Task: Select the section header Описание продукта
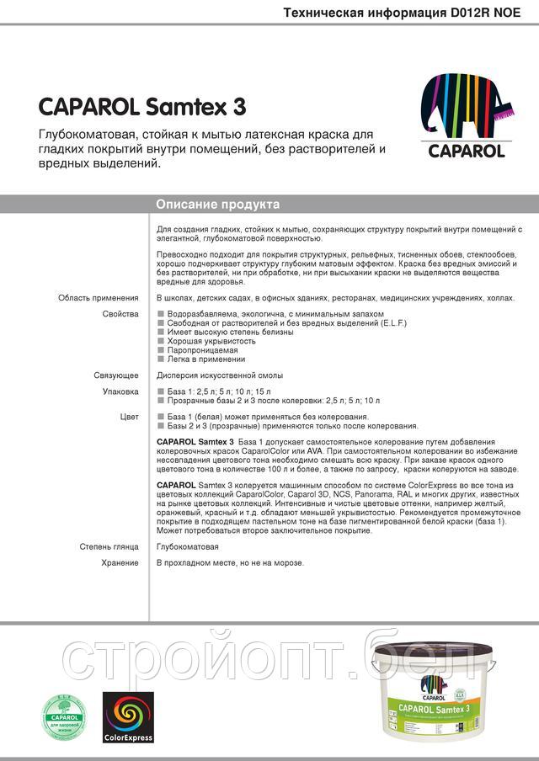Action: click(x=218, y=205)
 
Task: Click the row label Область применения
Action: click(x=98, y=298)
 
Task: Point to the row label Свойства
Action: click(x=120, y=313)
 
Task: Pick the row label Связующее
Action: click(x=115, y=375)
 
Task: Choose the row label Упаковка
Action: click(x=120, y=391)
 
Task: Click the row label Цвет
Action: click(x=129, y=417)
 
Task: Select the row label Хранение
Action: click(x=119, y=562)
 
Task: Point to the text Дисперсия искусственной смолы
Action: click(x=220, y=375)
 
